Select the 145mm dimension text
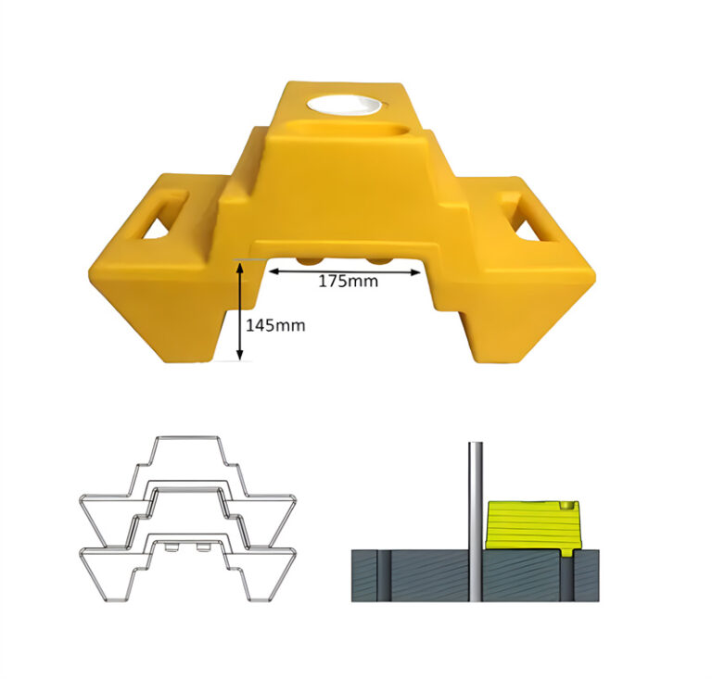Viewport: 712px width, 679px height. click(x=275, y=325)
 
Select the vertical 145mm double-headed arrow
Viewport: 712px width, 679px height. click(x=240, y=311)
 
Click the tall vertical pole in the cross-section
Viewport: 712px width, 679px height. click(x=474, y=519)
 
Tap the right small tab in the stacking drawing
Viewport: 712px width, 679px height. click(x=203, y=548)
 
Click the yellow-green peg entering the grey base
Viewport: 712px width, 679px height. click(x=567, y=554)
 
